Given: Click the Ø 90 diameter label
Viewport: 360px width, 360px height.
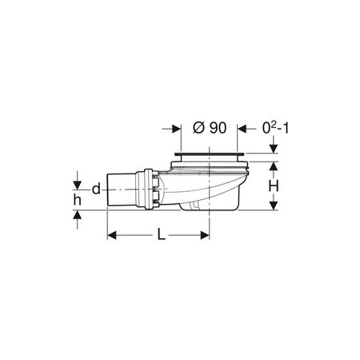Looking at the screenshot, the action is [210, 128].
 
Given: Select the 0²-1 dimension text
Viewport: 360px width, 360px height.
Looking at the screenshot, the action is [275, 128].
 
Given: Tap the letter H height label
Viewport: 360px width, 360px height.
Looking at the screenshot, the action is [274, 186].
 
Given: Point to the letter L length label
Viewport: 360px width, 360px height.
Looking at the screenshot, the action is [161, 234].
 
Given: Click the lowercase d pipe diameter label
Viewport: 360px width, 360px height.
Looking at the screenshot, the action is [96, 189].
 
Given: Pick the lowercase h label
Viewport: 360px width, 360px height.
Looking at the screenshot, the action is [78, 199].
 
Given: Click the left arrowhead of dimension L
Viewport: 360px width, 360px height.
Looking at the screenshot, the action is [112, 235].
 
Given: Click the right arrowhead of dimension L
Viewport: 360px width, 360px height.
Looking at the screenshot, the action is [205, 235].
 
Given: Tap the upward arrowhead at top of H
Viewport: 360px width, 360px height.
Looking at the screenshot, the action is [274, 166].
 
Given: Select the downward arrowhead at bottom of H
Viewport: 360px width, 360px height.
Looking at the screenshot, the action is [274, 206].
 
